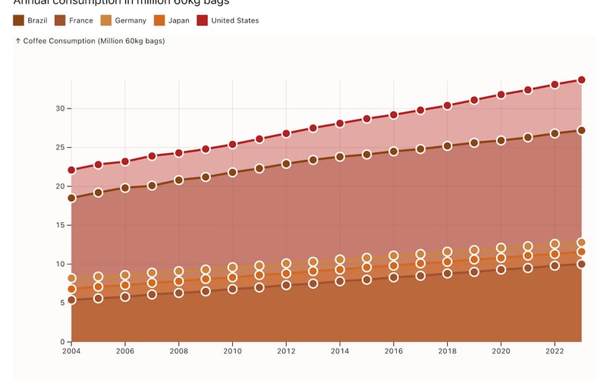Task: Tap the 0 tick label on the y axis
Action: click(61, 342)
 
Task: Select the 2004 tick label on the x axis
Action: click(72, 352)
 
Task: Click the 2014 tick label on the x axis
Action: click(340, 352)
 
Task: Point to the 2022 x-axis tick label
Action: click(555, 352)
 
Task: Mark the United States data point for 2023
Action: click(581, 80)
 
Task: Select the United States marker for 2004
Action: click(72, 170)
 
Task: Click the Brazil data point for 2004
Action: click(72, 198)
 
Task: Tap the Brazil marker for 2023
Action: click(581, 130)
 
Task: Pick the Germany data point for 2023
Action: click(581, 243)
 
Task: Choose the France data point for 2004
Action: click(72, 300)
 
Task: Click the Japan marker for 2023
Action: click(581, 252)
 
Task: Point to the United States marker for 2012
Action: click(286, 133)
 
